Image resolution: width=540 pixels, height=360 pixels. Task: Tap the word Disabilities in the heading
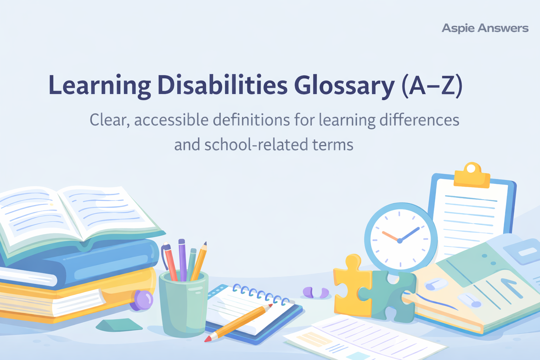222,85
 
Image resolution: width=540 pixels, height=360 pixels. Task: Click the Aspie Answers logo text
485,28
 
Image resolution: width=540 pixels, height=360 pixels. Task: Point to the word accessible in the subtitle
171,120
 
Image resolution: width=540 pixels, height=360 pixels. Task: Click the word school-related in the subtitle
252,145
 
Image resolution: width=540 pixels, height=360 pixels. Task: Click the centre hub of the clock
399,241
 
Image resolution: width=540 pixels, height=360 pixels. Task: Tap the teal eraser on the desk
119,325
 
